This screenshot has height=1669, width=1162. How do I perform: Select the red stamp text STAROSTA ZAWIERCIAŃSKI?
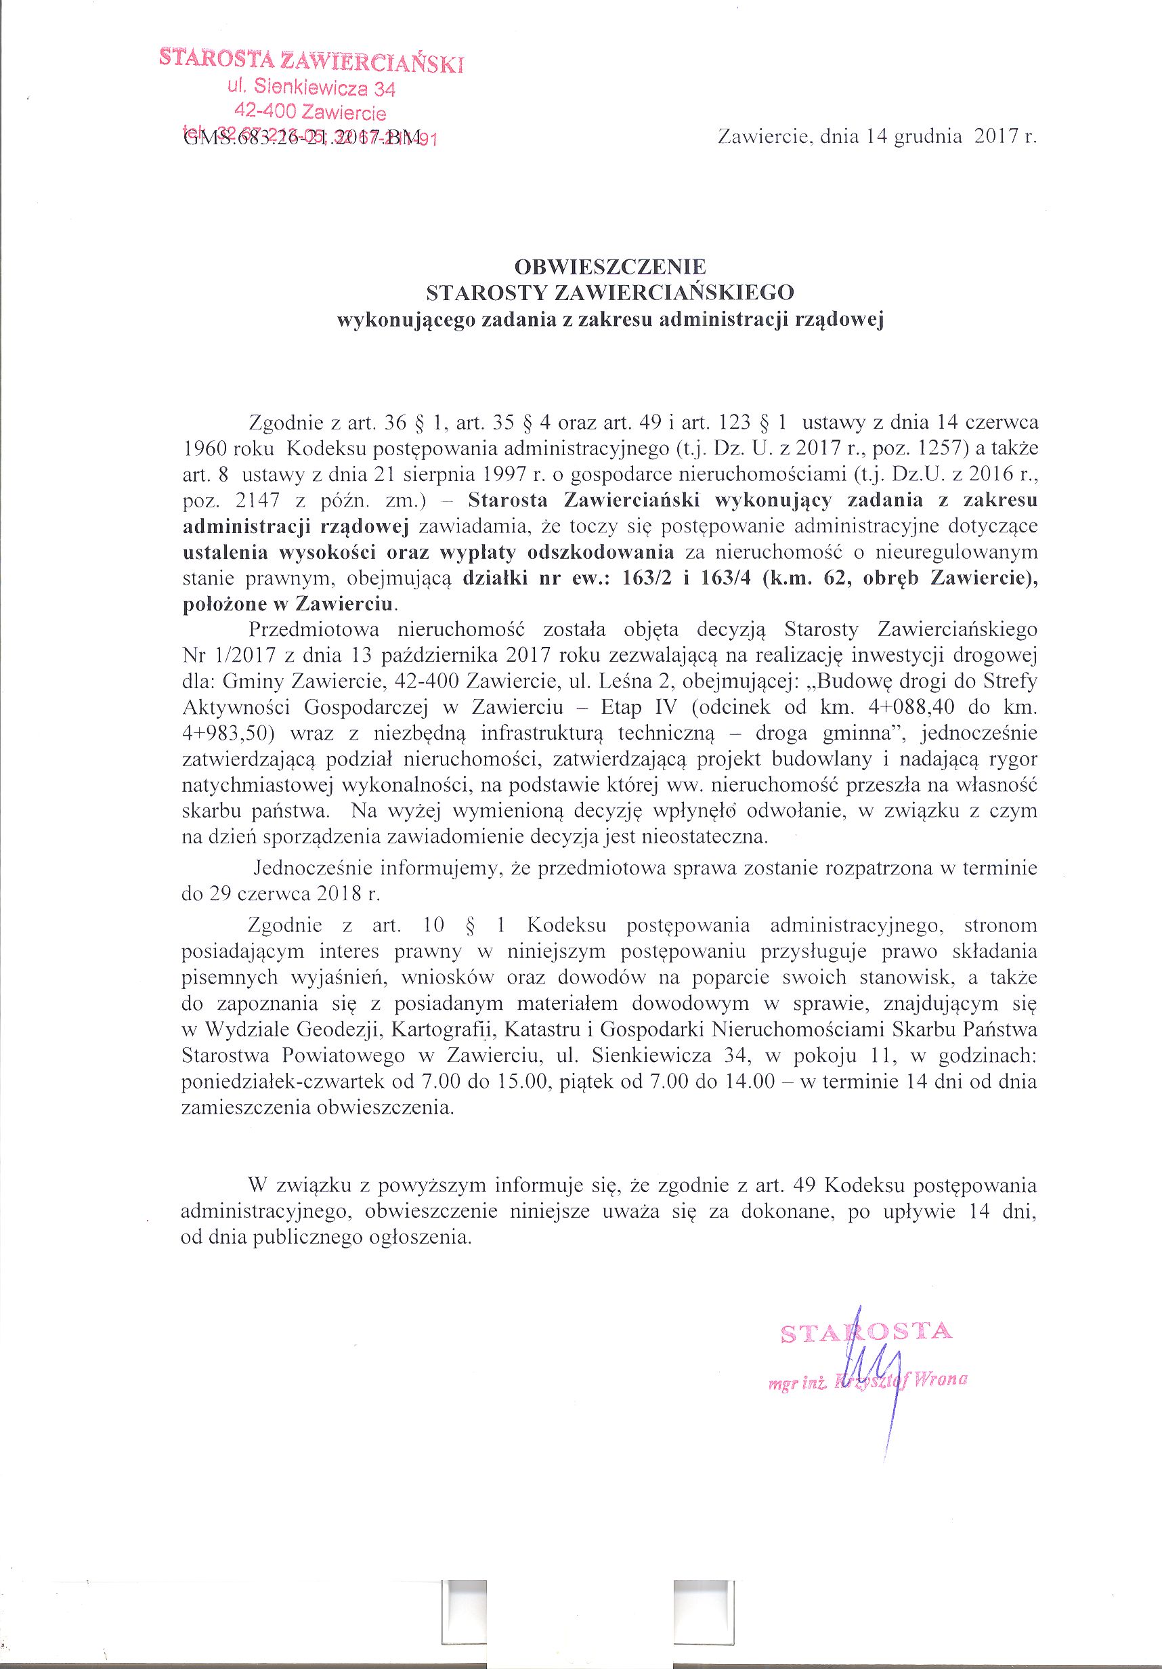pos(311,61)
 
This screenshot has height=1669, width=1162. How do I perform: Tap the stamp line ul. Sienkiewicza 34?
pos(311,89)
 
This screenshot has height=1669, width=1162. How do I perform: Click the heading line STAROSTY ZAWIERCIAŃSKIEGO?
pos(609,292)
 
